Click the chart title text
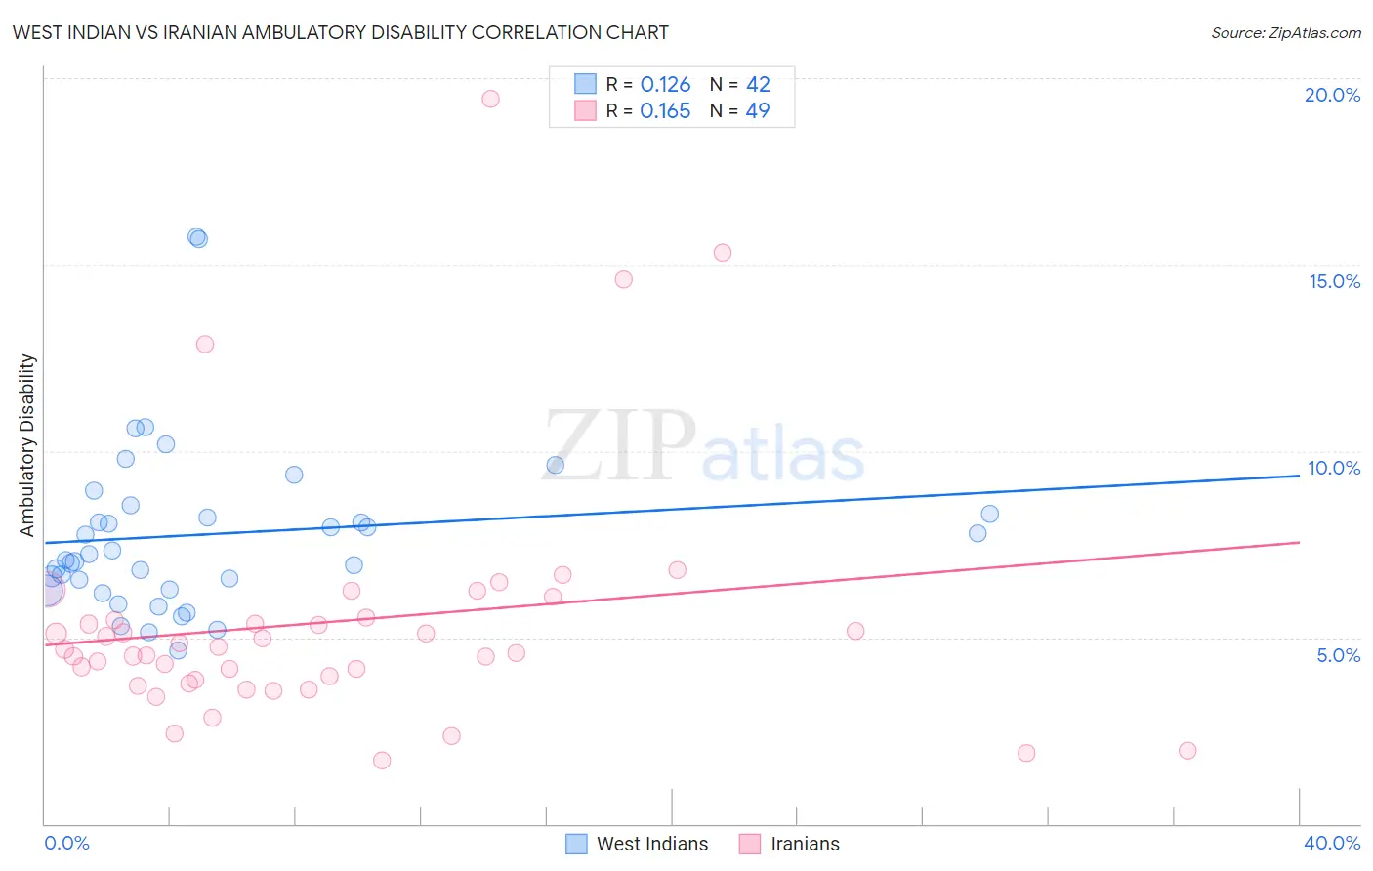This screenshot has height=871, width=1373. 340,32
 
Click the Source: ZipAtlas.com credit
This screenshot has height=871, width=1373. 1285,33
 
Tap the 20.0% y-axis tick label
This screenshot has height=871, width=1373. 1332,95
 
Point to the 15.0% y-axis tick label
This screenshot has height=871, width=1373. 1334,281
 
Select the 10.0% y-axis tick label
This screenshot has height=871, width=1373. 1334,468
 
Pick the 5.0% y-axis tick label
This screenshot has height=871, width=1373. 1338,655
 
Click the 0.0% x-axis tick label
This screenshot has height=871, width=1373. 66,843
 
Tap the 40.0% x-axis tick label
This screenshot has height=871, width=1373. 1331,843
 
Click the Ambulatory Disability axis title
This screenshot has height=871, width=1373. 27,445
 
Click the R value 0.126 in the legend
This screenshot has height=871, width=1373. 665,85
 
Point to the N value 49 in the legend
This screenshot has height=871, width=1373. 758,111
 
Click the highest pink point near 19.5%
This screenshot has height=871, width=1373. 490,99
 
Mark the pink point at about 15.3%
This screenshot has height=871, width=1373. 723,253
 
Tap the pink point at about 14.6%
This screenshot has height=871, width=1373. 624,279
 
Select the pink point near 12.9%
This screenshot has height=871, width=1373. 205,344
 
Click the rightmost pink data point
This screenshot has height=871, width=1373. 1187,751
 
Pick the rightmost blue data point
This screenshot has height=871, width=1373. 990,514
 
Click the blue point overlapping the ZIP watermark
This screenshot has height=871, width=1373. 556,465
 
